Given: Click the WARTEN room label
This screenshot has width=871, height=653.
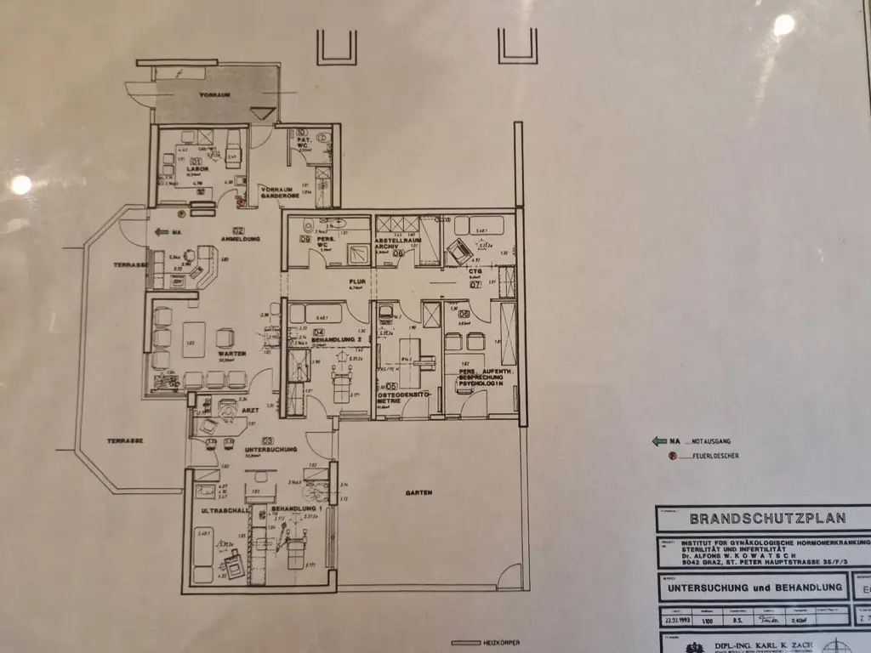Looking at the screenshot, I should tap(231, 353).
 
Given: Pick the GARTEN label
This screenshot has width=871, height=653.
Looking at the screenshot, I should tap(419, 492).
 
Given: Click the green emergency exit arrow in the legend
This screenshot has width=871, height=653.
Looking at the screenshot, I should tap(659, 441).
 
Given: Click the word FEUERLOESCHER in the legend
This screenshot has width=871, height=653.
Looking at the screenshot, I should tap(714, 457).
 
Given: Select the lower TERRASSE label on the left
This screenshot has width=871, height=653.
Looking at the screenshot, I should tap(124, 440).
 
